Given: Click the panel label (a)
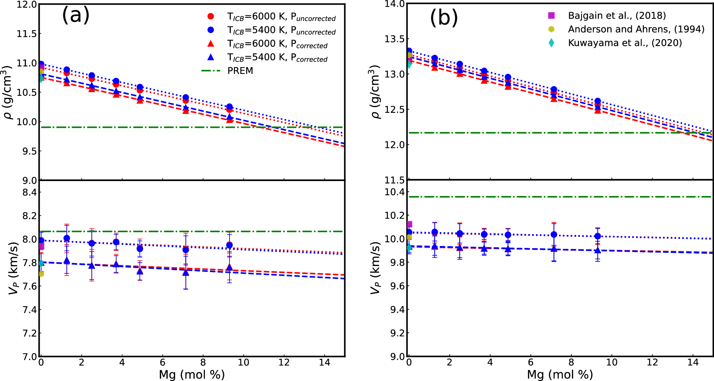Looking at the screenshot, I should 75,15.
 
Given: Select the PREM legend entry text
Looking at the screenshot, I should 240,71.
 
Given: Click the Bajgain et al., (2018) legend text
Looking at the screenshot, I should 617,16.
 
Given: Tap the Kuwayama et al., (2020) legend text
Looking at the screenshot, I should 625,43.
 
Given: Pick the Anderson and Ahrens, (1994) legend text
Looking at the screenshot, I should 636,29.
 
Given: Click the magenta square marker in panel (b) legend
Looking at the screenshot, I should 551,15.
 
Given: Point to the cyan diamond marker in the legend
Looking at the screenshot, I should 551,43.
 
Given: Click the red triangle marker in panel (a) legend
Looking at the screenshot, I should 211,44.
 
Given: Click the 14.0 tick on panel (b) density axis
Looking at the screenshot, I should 394,4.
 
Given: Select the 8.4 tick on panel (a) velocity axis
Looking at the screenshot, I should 30,192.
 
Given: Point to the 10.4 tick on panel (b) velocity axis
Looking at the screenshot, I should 394,192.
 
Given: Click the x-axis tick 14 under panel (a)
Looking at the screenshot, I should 325,362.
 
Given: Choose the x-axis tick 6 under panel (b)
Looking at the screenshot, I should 531,362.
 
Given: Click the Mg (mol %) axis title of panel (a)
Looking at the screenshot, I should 192,375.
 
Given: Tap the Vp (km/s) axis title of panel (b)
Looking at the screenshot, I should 375,268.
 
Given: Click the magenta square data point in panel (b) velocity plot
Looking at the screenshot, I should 409,224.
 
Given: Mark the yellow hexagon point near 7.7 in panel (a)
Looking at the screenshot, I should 41,274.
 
